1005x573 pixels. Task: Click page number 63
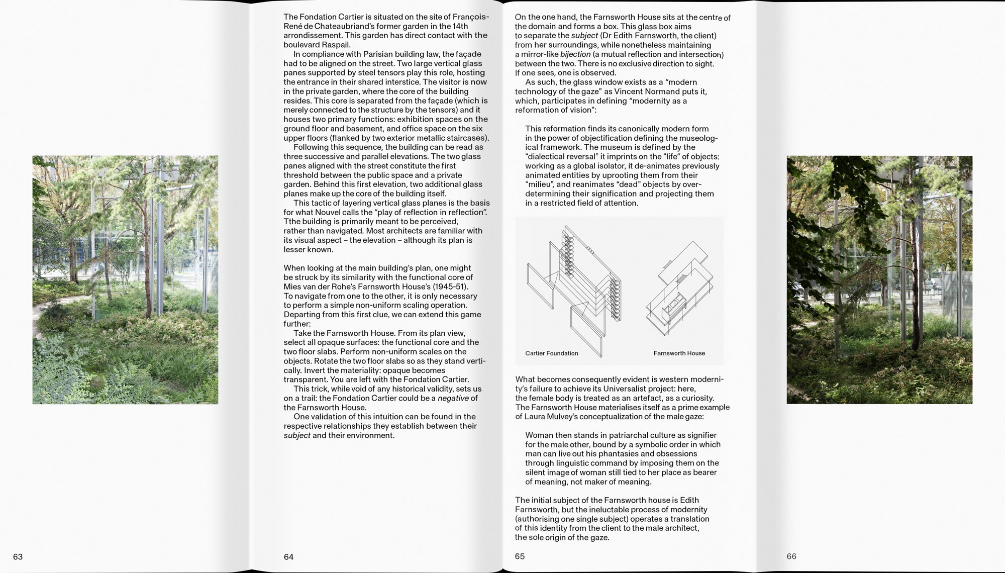(18, 557)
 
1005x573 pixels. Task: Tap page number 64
(288, 557)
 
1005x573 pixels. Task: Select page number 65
(520, 556)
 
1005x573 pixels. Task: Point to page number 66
(791, 556)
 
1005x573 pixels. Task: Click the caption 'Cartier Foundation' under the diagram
(551, 353)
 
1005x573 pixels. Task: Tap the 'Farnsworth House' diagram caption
(679, 353)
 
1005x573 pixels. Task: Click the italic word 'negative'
(453, 398)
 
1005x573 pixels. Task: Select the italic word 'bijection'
(575, 54)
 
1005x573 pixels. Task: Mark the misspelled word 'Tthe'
(292, 222)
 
